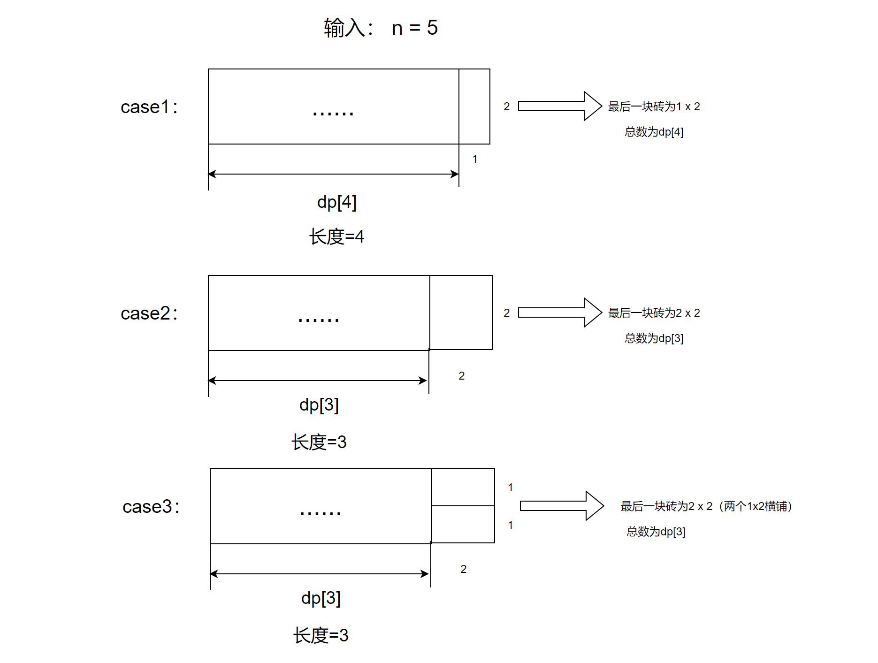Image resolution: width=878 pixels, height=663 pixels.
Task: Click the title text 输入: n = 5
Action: (x=381, y=28)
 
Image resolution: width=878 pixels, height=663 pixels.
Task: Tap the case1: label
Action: (x=149, y=107)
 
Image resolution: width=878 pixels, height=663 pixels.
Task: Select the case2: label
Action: (x=149, y=313)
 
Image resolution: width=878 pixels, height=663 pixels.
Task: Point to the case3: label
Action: (x=151, y=507)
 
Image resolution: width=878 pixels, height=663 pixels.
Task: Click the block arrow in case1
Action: (x=560, y=106)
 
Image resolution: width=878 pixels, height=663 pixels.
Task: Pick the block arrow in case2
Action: (x=560, y=312)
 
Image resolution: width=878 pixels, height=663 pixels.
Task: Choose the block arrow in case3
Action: (x=562, y=506)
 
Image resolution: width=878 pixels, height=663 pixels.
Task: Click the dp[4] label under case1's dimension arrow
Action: (x=337, y=202)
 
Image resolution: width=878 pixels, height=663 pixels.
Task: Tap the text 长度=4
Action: (x=336, y=236)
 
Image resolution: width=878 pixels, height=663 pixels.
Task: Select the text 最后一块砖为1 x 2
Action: (x=654, y=107)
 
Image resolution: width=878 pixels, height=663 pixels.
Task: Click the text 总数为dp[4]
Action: (x=654, y=132)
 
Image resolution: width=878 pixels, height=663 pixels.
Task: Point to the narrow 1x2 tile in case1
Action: (x=474, y=107)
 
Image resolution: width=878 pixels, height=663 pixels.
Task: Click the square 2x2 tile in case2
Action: (x=461, y=312)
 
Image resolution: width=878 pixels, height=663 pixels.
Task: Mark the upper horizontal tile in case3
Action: (x=463, y=487)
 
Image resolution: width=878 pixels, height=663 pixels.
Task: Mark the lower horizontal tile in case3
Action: (x=463, y=525)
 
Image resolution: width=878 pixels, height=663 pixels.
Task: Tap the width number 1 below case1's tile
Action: (x=475, y=159)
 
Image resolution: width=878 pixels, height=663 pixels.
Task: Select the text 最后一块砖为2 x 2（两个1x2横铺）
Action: (x=706, y=506)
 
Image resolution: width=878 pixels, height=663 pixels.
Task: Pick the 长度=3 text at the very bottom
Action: (x=321, y=635)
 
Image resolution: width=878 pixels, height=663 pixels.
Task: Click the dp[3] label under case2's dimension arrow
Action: (x=319, y=404)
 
